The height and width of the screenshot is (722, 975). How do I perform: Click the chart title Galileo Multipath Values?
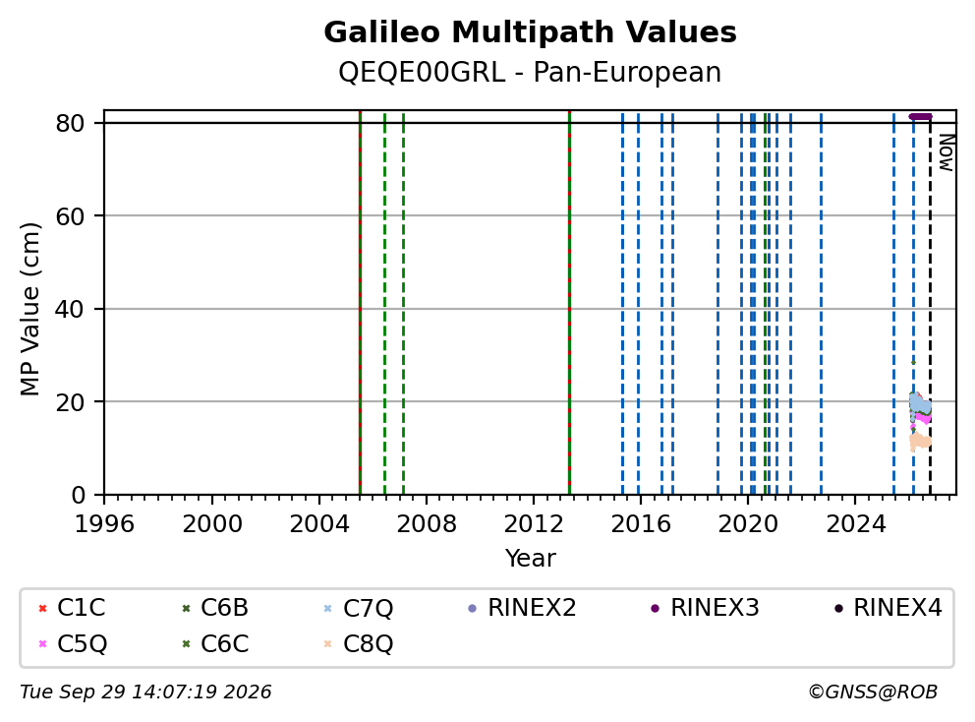[530, 32]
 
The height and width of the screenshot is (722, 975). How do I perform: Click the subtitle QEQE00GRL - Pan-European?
[530, 72]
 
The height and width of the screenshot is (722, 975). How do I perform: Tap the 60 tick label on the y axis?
[70, 216]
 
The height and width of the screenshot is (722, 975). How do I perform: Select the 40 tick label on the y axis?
[70, 309]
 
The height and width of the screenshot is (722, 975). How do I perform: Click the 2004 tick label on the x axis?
[319, 524]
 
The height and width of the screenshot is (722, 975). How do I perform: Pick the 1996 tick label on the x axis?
[104, 524]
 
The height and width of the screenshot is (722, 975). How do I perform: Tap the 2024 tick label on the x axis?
[855, 524]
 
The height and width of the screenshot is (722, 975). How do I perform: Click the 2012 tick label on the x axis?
[534, 524]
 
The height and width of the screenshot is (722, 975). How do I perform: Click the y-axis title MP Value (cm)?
[29, 309]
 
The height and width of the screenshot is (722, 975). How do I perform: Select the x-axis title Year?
[530, 559]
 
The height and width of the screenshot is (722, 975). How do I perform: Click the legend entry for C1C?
[72, 608]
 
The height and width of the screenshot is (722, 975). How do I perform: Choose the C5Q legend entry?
[72, 643]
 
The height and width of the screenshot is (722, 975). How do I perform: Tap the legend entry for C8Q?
[359, 643]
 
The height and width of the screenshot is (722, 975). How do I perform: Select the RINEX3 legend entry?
[705, 608]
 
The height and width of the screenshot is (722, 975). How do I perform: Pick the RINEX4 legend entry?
[888, 608]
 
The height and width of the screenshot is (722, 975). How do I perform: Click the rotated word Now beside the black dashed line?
[946, 152]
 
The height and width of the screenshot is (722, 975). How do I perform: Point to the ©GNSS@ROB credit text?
[873, 692]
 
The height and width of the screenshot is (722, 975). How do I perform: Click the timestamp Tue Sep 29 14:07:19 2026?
[145, 692]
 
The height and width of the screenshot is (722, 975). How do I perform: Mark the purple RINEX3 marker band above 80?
[920, 116]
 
